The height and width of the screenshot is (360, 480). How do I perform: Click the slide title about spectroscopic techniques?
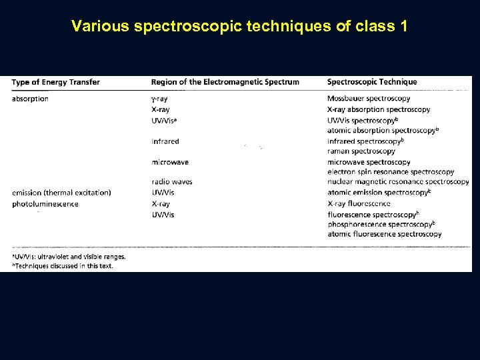(x=240, y=27)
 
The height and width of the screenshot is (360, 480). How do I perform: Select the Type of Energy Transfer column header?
(x=56, y=82)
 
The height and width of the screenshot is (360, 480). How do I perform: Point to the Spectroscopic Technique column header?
(x=372, y=82)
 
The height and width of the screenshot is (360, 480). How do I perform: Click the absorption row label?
(x=30, y=99)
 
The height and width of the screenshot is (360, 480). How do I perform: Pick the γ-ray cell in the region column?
(x=160, y=99)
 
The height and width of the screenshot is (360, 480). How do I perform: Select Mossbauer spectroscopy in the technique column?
(x=369, y=99)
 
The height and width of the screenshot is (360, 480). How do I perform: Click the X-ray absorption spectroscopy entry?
(x=379, y=109)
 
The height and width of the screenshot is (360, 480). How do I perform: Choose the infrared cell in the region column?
(x=165, y=141)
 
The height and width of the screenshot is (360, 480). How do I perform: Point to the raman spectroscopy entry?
(x=361, y=151)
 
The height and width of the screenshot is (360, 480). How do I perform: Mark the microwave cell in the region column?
(x=169, y=162)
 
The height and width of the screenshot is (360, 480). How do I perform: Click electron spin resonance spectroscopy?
(x=391, y=172)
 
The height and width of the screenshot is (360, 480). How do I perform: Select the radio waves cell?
(x=172, y=182)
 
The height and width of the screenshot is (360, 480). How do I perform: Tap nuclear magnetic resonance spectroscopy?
(x=398, y=182)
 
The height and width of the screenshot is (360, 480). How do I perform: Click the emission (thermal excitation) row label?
(x=61, y=193)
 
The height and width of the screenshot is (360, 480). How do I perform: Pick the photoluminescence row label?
(x=45, y=203)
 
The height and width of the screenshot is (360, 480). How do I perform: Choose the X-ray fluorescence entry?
(x=359, y=203)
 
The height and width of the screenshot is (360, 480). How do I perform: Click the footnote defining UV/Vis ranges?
(x=69, y=256)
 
